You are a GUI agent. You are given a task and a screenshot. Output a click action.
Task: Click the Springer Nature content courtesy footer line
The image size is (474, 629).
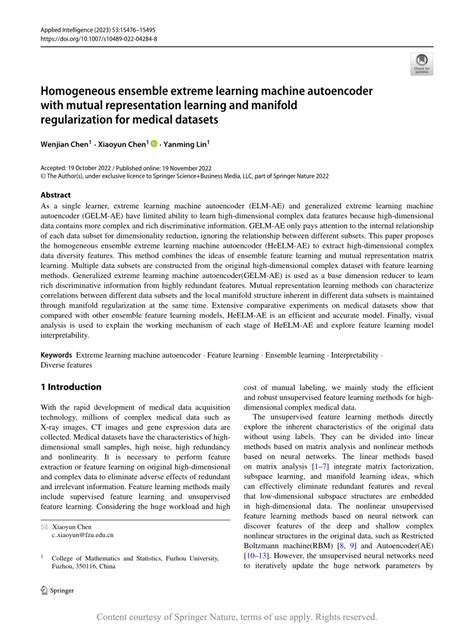(x=236, y=617)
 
